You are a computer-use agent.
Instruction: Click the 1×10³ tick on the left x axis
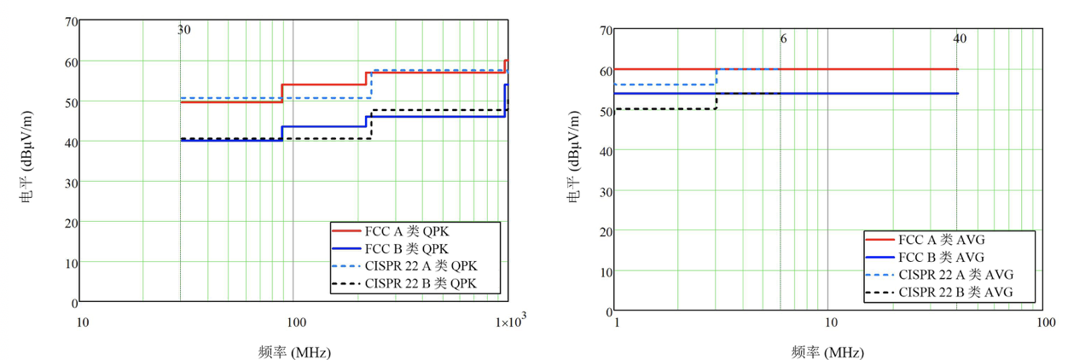point(509,322)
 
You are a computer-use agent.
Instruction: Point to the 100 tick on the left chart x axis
point(295,322)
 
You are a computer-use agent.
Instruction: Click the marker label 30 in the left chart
point(183,30)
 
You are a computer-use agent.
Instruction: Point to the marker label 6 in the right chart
point(783,38)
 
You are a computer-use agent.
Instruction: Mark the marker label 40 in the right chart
point(960,38)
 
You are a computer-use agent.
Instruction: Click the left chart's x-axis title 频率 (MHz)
point(294,351)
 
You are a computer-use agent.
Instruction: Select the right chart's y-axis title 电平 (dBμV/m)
point(575,168)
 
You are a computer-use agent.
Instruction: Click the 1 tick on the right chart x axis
point(616,322)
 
